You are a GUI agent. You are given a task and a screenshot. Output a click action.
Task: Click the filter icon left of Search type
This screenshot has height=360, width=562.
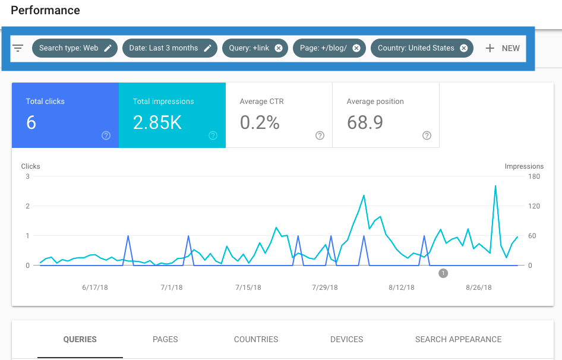click(x=18, y=48)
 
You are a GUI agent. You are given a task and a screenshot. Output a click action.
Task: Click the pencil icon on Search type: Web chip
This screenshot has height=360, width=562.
click(x=108, y=48)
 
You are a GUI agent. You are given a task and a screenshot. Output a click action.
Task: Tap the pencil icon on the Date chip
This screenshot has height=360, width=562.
click(x=207, y=48)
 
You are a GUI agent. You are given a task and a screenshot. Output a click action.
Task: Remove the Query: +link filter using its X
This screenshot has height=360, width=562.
click(x=278, y=48)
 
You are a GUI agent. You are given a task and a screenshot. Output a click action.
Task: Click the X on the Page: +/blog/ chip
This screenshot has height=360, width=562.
click(x=356, y=48)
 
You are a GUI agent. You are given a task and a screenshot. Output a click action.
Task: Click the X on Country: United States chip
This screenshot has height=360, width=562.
click(x=463, y=48)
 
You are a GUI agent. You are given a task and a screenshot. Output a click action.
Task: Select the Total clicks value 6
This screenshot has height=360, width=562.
click(x=31, y=122)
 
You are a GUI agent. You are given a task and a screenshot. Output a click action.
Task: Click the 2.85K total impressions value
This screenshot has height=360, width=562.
click(x=157, y=122)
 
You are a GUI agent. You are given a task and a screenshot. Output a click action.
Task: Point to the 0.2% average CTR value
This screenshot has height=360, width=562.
click(x=260, y=122)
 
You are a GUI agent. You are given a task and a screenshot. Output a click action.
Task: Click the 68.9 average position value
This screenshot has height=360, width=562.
click(x=365, y=122)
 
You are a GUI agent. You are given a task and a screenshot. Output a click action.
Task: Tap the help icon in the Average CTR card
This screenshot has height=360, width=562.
click(x=320, y=135)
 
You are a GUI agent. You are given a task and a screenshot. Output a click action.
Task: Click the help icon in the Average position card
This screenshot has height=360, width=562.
click(x=427, y=135)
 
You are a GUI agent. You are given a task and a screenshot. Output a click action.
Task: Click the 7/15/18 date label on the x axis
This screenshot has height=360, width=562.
click(x=248, y=288)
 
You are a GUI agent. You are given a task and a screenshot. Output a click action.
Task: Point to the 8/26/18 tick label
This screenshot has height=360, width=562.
click(x=479, y=288)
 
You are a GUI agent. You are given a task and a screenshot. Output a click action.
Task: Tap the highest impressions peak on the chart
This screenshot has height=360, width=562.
click(x=495, y=186)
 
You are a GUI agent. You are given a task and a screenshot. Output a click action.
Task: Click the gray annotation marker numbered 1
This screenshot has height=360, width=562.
click(x=443, y=273)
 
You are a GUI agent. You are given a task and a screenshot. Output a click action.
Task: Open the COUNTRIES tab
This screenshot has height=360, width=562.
click(x=256, y=339)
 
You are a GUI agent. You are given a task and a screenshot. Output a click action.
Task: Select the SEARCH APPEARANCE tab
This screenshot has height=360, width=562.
click(x=458, y=339)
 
